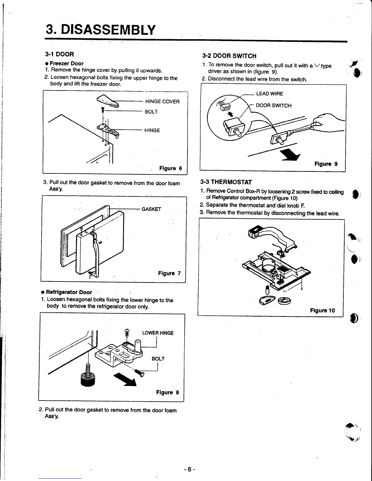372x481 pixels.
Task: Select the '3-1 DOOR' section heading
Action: pos(59,54)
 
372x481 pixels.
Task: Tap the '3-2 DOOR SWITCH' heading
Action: pos(229,56)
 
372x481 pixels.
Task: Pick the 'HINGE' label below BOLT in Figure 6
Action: pos(152,130)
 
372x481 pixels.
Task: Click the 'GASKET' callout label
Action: pos(151,209)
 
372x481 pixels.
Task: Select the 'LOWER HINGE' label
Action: pos(158,333)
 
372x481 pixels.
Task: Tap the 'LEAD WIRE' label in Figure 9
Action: pos(269,94)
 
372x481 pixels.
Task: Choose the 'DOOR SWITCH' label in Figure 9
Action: pos(274,106)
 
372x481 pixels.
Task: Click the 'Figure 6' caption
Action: pos(170,168)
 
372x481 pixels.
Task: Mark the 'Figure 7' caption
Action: pos(169,273)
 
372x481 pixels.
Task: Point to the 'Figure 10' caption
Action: pos(322,310)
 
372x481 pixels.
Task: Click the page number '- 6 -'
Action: pos(189,469)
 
